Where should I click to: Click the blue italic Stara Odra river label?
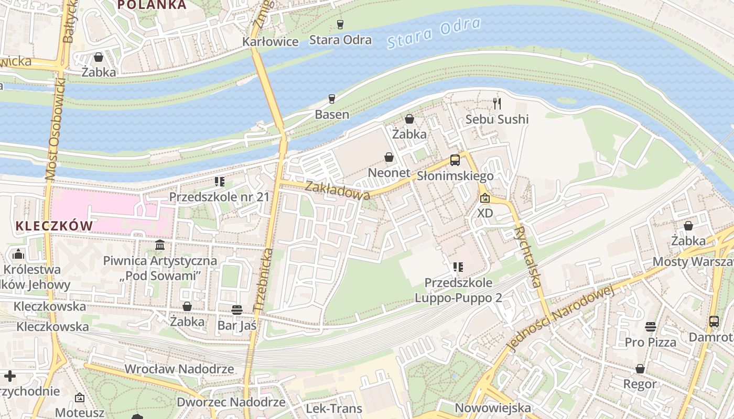tap(434, 34)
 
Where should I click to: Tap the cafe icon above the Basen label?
tap(331, 98)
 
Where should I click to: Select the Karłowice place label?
tap(270, 42)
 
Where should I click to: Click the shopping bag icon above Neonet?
tap(389, 157)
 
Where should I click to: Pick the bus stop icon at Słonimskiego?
tap(455, 160)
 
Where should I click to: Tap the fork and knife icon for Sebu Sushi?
tap(497, 104)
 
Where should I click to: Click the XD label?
tap(485, 213)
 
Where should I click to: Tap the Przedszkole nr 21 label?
tap(219, 197)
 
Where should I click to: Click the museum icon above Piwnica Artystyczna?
tap(160, 245)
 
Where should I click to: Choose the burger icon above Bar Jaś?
tap(237, 310)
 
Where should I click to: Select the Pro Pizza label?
tap(650, 342)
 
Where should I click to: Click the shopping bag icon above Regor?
tap(640, 369)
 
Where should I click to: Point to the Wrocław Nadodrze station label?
tap(179, 369)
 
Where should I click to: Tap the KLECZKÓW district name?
tap(54, 226)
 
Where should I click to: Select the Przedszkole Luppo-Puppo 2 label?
tap(458, 290)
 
